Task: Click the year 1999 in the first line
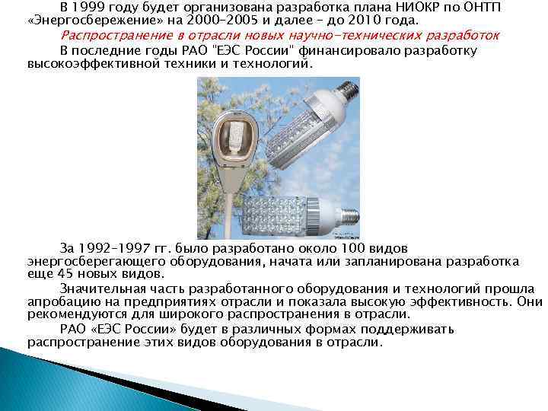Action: click(91, 7)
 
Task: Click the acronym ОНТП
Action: click(495, 7)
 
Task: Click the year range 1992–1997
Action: click(113, 249)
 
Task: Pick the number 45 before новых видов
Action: click(63, 273)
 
